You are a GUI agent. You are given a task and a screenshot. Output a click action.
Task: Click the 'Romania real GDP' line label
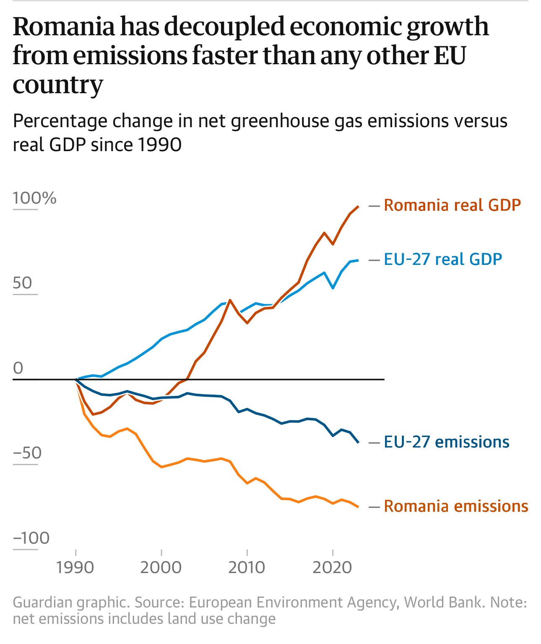tap(452, 205)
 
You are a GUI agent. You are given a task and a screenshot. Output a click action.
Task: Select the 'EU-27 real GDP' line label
tap(443, 259)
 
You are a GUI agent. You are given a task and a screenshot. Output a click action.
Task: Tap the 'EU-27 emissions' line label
tap(447, 442)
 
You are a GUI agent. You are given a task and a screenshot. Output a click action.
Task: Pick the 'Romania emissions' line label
tap(456, 506)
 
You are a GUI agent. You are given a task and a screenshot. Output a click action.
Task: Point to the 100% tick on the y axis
tap(34, 198)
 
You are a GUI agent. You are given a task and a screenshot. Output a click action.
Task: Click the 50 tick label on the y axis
tap(23, 283)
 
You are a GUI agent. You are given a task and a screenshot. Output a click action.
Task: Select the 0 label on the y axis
tap(18, 368)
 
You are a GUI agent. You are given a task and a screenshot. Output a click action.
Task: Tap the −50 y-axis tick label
tap(27, 453)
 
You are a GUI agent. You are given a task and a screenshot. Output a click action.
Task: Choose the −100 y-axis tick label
tap(31, 538)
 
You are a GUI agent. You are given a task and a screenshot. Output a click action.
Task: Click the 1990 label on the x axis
tap(75, 568)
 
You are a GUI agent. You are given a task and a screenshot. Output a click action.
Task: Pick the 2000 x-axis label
tap(161, 568)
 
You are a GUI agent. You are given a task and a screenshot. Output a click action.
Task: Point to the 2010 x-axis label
tap(247, 568)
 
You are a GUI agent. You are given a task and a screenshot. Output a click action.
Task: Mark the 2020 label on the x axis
tap(332, 568)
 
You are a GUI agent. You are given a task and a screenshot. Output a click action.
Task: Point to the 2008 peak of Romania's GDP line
tap(230, 300)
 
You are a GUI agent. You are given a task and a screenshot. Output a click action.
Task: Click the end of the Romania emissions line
tap(358, 507)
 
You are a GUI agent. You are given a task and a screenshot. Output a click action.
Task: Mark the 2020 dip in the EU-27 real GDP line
tap(333, 288)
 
